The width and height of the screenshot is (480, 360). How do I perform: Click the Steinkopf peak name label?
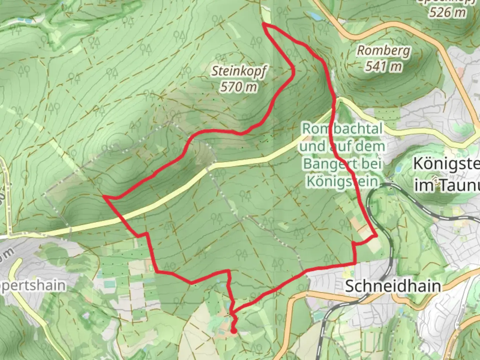(x=239, y=71)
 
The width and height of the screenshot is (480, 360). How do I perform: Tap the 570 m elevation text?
(x=239, y=87)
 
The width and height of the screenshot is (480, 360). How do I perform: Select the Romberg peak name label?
(x=384, y=51)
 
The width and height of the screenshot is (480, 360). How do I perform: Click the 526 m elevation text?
(x=447, y=12)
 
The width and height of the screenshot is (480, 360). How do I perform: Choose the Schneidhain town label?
(x=393, y=286)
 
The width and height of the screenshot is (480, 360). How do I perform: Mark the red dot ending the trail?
(x=234, y=331)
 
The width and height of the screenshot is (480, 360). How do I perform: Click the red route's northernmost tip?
(x=264, y=24)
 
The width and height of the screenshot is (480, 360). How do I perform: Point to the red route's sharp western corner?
(x=104, y=197)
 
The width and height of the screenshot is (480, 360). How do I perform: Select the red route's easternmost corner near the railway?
(x=376, y=236)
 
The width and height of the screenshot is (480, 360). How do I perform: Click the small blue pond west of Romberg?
(x=313, y=15)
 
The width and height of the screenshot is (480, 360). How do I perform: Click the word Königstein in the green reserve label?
(x=343, y=182)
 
